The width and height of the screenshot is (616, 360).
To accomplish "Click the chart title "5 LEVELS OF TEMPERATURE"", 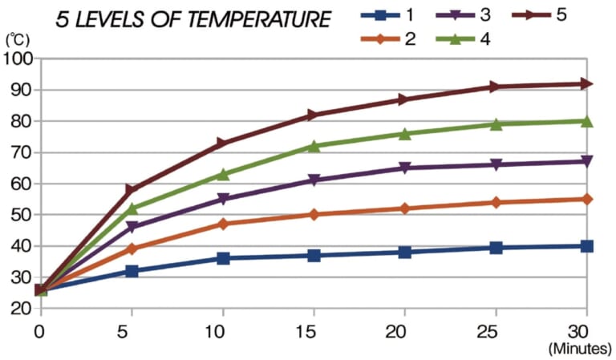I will pyautogui.click(x=193, y=20).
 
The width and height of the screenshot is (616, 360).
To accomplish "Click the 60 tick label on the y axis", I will pyautogui.click(x=19, y=184).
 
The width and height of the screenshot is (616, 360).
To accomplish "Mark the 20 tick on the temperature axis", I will pyautogui.click(x=19, y=309).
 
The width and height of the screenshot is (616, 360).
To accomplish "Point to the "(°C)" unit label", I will pyautogui.click(x=17, y=38).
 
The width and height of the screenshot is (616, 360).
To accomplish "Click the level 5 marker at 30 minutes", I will pyautogui.click(x=586, y=83).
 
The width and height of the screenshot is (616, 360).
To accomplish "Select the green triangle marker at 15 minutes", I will pyautogui.click(x=314, y=146).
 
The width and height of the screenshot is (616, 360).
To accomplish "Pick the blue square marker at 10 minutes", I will pyautogui.click(x=222, y=258).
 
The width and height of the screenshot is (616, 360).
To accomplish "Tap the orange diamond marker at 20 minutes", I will pyautogui.click(x=404, y=208).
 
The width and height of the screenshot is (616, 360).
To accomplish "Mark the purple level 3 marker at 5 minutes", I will pyautogui.click(x=132, y=227).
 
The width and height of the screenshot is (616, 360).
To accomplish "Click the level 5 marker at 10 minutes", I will pyautogui.click(x=222, y=144).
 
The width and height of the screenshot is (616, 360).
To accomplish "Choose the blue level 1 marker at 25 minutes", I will pyautogui.click(x=496, y=248).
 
